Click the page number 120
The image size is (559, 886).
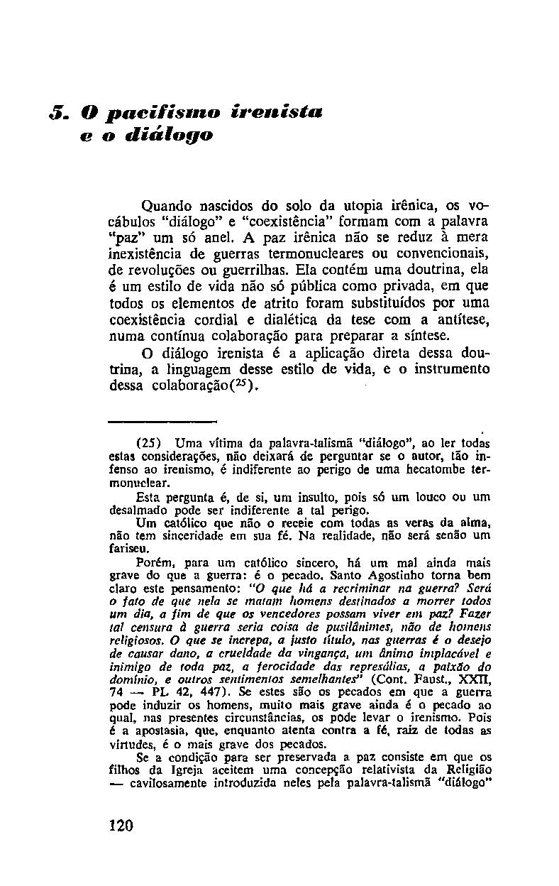pos(121,826)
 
